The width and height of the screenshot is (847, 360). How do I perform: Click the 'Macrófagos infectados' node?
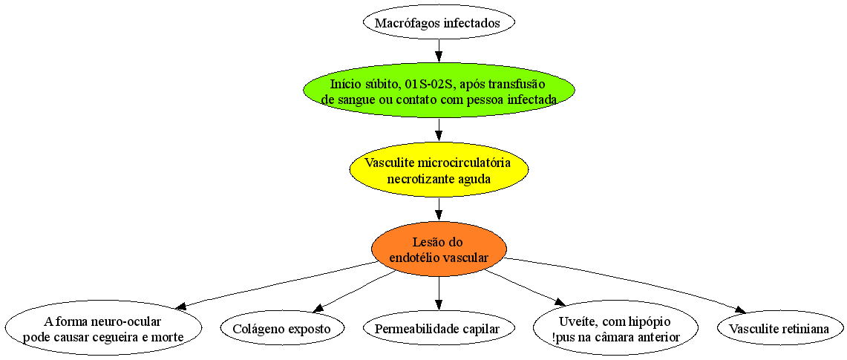point(439,23)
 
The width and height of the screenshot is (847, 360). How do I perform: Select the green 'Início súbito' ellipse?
point(439,92)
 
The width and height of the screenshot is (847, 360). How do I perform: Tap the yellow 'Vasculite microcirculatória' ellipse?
point(439,171)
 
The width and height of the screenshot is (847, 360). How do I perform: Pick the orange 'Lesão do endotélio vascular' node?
point(439,249)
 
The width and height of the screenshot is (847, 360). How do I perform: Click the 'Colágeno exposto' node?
point(283,328)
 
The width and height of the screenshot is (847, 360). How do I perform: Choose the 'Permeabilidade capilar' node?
point(439,328)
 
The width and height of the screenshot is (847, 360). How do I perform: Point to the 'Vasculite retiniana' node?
point(781,328)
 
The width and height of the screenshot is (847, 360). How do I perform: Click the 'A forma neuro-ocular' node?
point(102,329)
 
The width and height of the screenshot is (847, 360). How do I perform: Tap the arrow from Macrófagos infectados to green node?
point(439,53)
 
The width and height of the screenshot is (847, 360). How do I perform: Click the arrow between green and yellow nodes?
point(439,131)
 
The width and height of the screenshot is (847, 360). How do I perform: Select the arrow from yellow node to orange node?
point(439,210)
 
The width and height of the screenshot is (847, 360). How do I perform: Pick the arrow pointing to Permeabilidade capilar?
point(439,294)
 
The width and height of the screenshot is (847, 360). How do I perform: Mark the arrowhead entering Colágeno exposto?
point(319,307)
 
